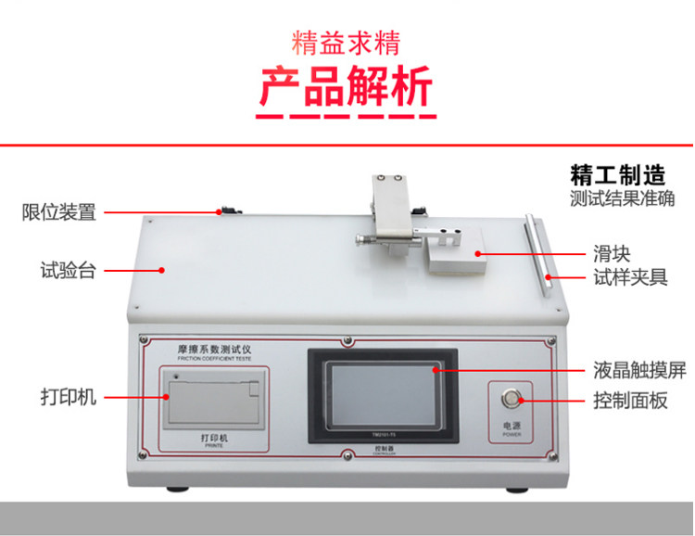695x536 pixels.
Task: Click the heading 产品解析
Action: (x=346, y=88)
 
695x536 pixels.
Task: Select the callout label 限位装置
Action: (x=58, y=212)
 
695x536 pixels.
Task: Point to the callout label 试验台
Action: (x=68, y=271)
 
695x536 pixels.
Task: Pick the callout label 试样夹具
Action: (x=631, y=276)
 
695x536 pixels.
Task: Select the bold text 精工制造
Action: (x=618, y=175)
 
